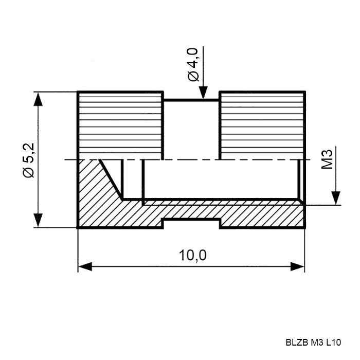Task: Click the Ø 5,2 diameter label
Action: pyautogui.click(x=29, y=160)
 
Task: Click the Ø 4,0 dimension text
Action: pyautogui.click(x=193, y=64)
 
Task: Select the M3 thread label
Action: pyautogui.click(x=327, y=159)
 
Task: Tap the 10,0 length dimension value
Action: pyautogui.click(x=193, y=255)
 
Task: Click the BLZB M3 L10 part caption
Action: pyautogui.click(x=313, y=343)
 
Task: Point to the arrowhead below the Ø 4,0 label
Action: pyautogui.click(x=203, y=92)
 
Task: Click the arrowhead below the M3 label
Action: pyautogui.click(x=336, y=197)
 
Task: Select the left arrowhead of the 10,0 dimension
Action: pyautogui.click(x=85, y=266)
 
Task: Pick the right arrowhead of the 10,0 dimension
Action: pyautogui.click(x=298, y=266)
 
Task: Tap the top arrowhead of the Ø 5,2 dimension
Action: pyautogui.click(x=38, y=99)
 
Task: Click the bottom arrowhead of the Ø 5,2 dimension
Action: pyautogui.click(x=38, y=220)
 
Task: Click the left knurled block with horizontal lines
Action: pyautogui.click(x=120, y=125)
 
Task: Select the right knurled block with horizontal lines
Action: pyautogui.click(x=262, y=125)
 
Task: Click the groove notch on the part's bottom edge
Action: pyautogui.click(x=191, y=220)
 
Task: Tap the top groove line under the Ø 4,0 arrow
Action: pyautogui.click(x=191, y=100)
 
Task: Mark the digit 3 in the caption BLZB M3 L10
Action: pyautogui.click(x=321, y=343)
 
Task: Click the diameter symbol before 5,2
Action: pyautogui.click(x=29, y=172)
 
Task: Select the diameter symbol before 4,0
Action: pyautogui.click(x=193, y=76)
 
